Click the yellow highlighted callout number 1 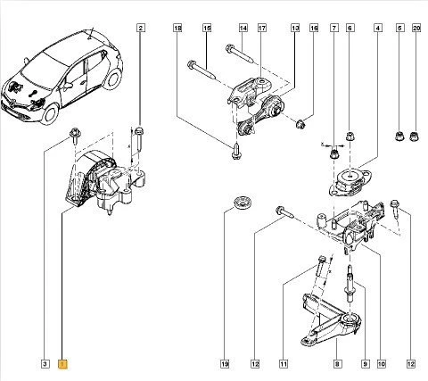[62, 363]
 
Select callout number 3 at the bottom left [45, 363]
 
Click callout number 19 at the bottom [225, 363]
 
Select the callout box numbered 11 [284, 363]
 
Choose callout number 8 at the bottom [336, 363]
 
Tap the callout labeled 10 [381, 363]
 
